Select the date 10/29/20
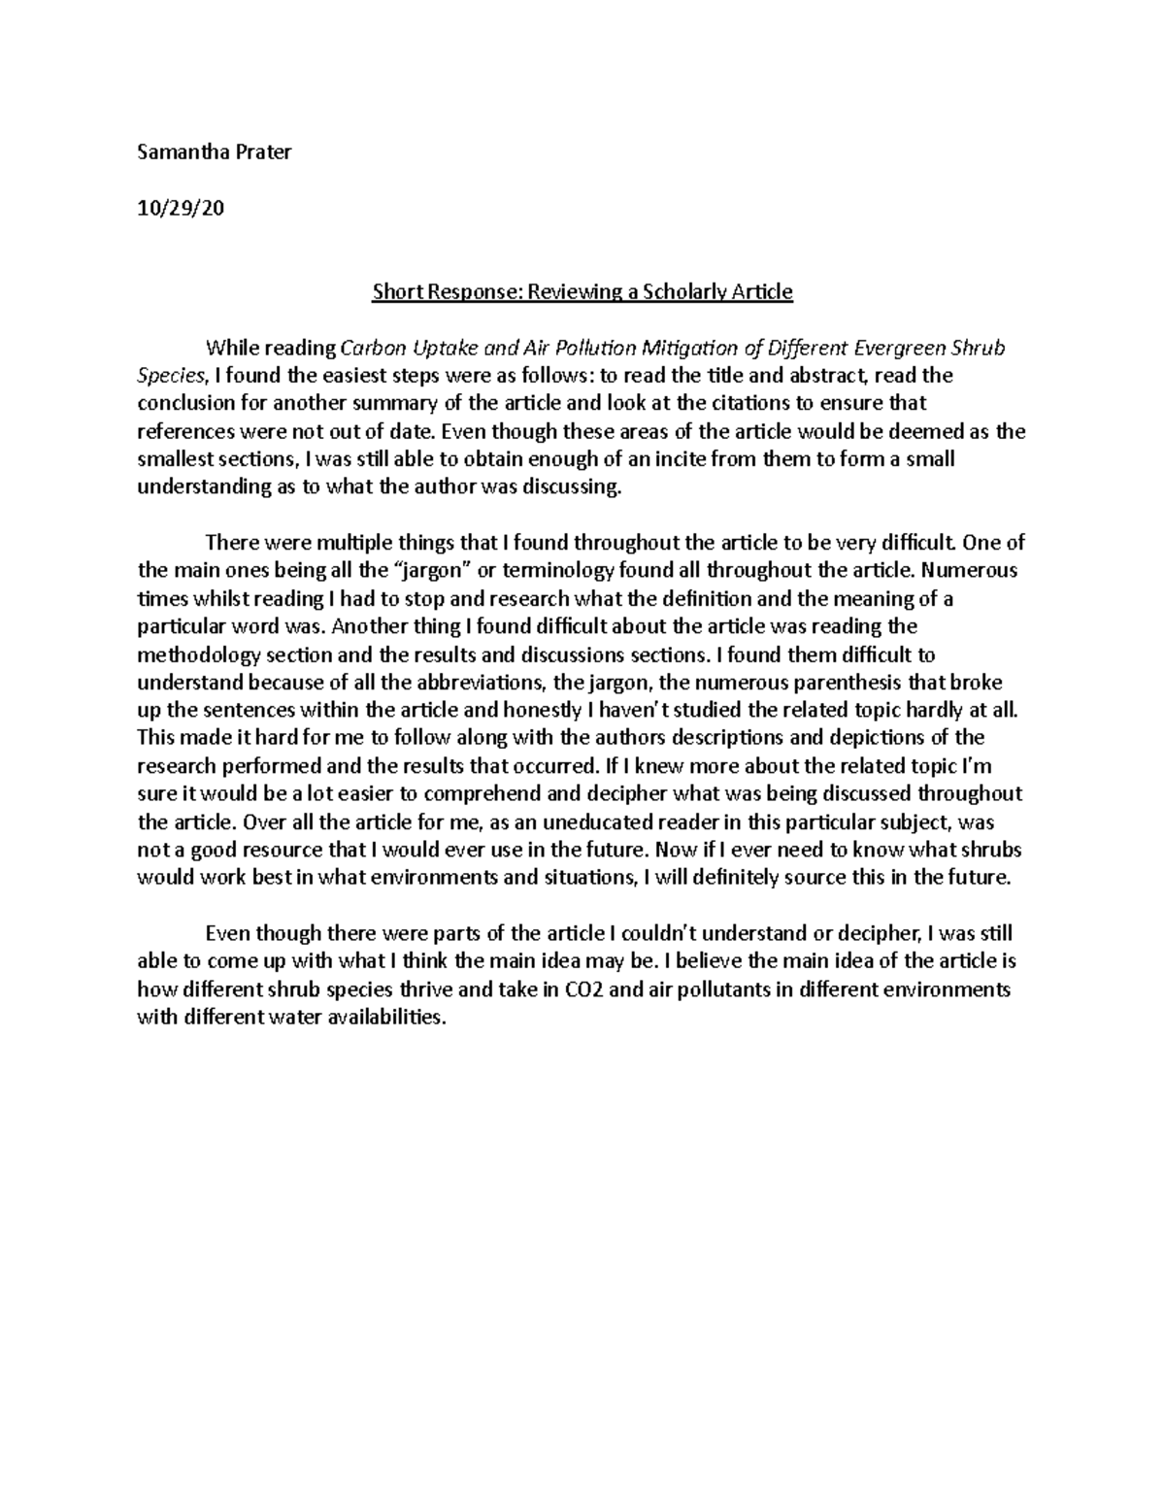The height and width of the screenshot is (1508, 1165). click(181, 208)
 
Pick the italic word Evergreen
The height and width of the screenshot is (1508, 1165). click(900, 348)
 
